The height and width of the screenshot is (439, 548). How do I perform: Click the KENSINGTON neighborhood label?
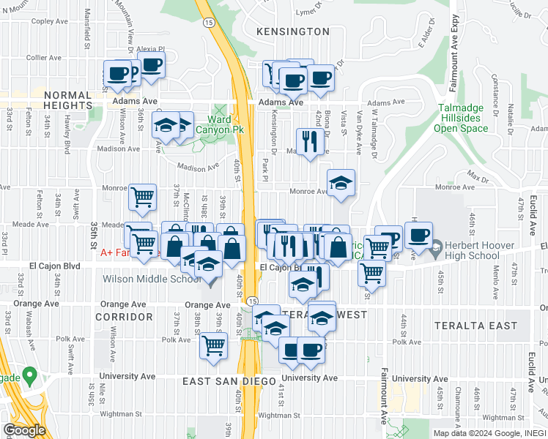click(x=293, y=31)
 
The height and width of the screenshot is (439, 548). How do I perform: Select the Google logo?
click(x=24, y=429)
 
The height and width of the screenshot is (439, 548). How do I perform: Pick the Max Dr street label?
click(x=478, y=178)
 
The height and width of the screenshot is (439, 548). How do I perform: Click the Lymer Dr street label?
click(x=309, y=12)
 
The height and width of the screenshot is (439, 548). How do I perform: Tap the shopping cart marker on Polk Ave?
click(x=213, y=345)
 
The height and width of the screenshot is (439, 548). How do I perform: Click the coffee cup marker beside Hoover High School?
click(x=418, y=236)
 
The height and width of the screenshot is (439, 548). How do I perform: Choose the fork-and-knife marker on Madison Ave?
click(x=310, y=141)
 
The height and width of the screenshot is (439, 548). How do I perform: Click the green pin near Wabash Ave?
click(x=29, y=376)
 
